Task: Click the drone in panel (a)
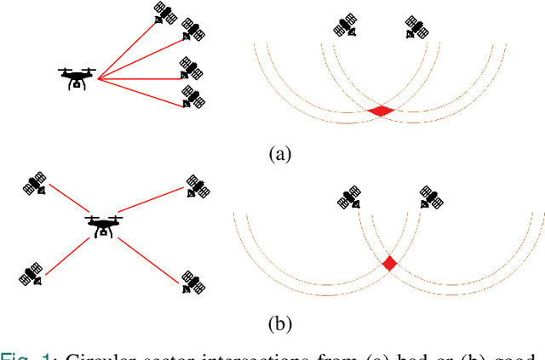77,77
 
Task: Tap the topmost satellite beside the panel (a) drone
164,12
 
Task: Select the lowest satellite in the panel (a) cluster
194,96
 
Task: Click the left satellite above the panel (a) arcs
346,26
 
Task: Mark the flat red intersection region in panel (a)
381,111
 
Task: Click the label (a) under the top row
279,154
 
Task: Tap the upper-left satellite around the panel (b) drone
35,183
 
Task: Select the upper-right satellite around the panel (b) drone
197,186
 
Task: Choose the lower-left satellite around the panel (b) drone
30,274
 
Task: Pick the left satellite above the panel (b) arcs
349,198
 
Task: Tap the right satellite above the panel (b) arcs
431,198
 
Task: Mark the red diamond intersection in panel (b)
389,263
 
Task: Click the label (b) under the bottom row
279,323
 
